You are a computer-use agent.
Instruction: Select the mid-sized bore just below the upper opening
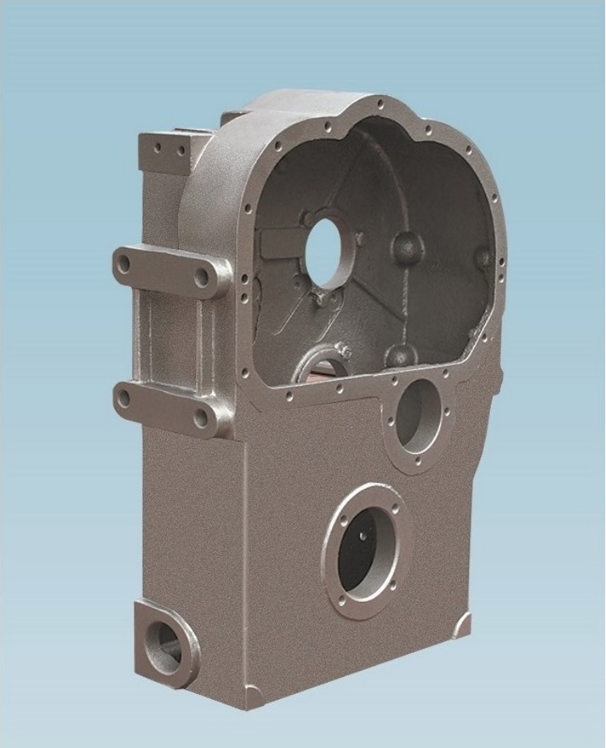[418, 415]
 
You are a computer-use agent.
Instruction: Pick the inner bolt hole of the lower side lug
[200, 418]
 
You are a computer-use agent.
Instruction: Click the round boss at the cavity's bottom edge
[401, 355]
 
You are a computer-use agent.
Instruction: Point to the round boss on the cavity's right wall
[483, 259]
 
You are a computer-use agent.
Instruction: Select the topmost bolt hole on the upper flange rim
[380, 104]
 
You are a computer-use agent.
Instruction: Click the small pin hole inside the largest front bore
[365, 534]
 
